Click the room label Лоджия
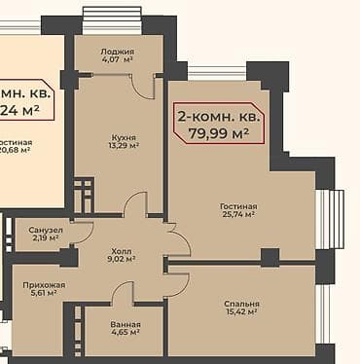[118, 51]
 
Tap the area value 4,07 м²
[118, 61]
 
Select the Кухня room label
[124, 137]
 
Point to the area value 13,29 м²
[124, 147]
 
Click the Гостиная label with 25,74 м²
[236, 206]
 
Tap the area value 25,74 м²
[236, 215]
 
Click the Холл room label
[120, 250]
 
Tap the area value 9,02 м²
[120, 260]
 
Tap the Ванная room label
[126, 324]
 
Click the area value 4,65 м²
[126, 334]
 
